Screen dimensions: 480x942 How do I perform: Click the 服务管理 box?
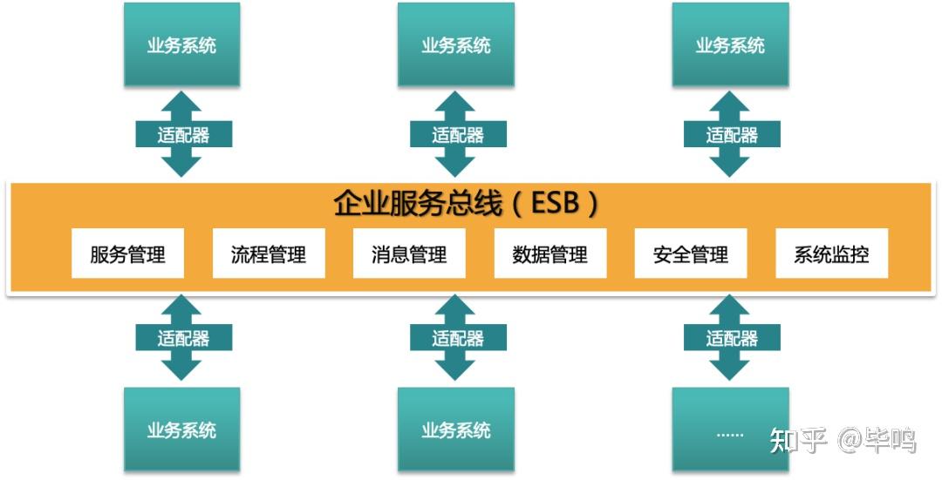(x=127, y=254)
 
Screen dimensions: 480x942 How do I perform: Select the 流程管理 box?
(x=269, y=254)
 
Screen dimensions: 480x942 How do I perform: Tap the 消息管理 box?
(x=409, y=254)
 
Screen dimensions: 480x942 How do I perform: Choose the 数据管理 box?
(x=550, y=254)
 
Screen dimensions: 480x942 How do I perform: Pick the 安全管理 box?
(x=691, y=254)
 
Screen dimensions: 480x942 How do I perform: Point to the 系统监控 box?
(x=831, y=254)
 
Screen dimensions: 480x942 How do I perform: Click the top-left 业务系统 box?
(x=181, y=45)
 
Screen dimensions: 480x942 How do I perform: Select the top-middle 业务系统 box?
(x=455, y=45)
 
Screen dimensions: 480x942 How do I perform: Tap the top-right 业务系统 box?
(x=730, y=45)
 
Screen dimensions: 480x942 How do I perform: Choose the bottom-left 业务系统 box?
(x=181, y=429)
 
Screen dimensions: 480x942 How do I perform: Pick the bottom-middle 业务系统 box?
(x=455, y=429)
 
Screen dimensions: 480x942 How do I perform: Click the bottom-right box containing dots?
(x=730, y=429)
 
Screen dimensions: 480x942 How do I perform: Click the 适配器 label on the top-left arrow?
(x=183, y=135)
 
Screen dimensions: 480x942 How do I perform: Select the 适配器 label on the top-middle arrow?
(x=457, y=135)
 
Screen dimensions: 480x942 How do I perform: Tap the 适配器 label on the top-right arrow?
(x=732, y=135)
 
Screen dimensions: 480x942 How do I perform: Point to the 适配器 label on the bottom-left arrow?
(x=183, y=338)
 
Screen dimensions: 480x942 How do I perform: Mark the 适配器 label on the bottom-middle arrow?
(x=457, y=338)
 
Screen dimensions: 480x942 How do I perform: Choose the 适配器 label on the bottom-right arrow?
(x=732, y=338)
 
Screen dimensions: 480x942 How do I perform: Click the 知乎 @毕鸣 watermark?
(x=843, y=441)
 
